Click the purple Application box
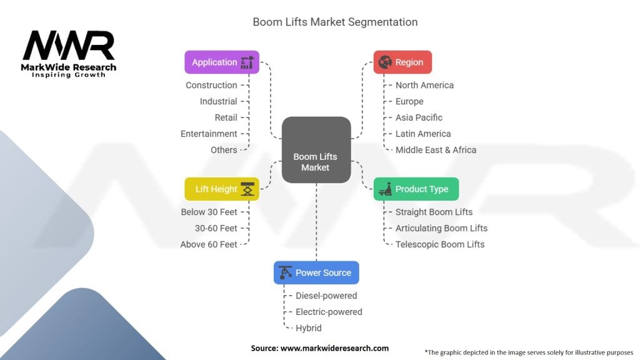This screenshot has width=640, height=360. coord(222,62)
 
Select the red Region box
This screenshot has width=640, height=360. coord(402,62)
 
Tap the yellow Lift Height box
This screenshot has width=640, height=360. coord(222,189)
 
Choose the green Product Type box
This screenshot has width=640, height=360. coord(416,189)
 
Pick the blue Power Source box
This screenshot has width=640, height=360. coord(316,272)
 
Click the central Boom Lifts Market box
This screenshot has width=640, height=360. coord(316,150)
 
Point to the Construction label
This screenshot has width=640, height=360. coord(211,85)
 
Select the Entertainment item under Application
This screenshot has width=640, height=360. coord(209,134)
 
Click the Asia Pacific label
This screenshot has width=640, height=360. coord(419,117)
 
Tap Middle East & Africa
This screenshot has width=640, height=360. coord(436,150)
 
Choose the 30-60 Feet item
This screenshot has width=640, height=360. coord(216,228)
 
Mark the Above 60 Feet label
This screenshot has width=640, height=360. coord(209,244)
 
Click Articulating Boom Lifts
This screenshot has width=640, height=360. coord(442,228)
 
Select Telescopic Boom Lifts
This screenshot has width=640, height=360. coord(440,244)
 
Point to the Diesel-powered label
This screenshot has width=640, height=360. coord(326,296)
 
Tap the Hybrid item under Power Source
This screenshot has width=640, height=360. coord(309,328)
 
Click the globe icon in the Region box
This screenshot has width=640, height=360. coord(385,62)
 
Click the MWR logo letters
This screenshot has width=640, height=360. coord(69,45)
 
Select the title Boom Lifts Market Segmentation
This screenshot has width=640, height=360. coord(335,22)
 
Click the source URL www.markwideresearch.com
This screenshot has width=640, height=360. coord(335,348)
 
